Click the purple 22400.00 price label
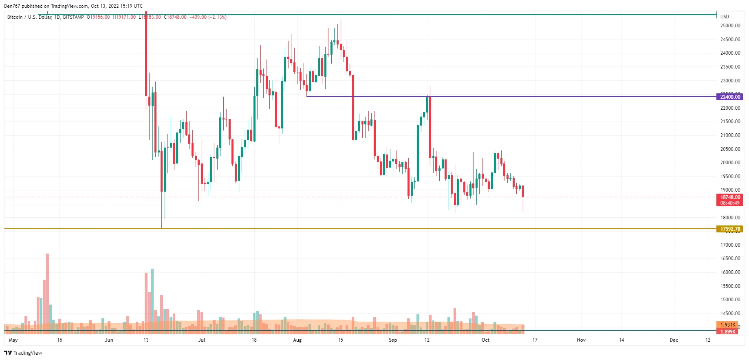(729, 97)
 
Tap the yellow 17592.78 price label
(729, 229)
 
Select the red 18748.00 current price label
(729, 197)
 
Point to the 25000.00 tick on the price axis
(730, 26)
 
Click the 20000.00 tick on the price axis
(730, 163)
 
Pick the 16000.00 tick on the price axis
(730, 272)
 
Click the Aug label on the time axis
(297, 340)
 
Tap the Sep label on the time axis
(393, 340)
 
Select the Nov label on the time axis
(581, 340)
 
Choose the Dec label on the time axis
(674, 340)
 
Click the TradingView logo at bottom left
(23, 353)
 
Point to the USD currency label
(725, 17)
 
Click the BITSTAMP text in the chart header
(73, 17)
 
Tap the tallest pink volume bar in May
(48, 294)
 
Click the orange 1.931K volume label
(727, 325)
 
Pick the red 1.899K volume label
(727, 331)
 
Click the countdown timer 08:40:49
(729, 203)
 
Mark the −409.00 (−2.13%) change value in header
(208, 17)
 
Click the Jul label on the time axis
(201, 340)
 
